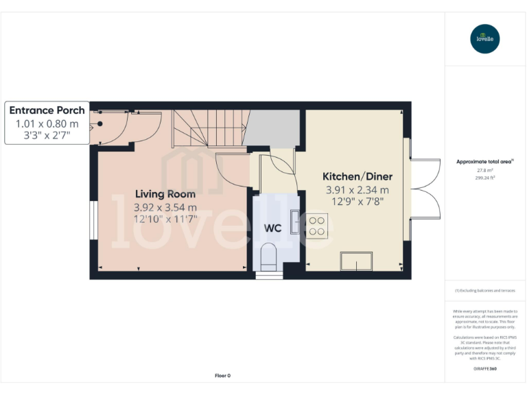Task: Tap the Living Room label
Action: (x=165, y=194)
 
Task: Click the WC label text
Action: (x=273, y=228)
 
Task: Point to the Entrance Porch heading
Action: (x=47, y=110)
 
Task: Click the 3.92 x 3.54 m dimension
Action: (x=165, y=207)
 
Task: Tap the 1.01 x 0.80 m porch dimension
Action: (x=47, y=123)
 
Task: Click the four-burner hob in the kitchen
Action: (x=317, y=226)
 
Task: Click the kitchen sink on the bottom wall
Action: (x=357, y=261)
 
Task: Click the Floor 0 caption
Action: (x=222, y=375)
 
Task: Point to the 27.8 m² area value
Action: (x=485, y=169)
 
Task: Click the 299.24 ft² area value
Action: (x=485, y=177)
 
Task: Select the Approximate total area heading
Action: (x=484, y=162)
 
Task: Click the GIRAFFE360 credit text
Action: (x=485, y=369)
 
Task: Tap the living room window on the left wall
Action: (x=93, y=220)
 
